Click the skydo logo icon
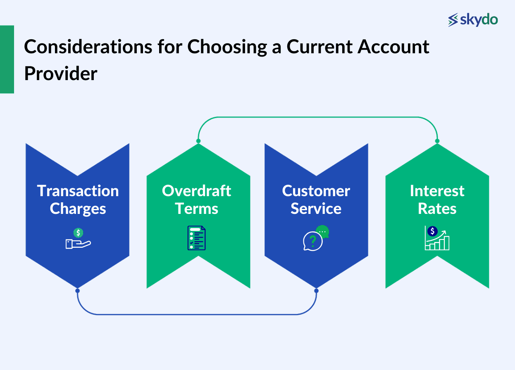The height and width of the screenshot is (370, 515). [453, 20]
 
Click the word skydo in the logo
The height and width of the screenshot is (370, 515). [479, 19]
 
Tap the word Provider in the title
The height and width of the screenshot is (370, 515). [61, 74]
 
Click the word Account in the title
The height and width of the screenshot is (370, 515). [393, 47]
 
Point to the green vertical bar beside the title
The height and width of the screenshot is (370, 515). [7, 59]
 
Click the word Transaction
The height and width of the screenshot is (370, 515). [78, 191]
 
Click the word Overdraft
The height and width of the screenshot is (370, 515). [196, 191]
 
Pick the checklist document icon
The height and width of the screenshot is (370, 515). [196, 238]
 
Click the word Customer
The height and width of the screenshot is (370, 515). [316, 191]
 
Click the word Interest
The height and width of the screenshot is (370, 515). [437, 191]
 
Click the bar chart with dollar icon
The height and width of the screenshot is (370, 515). [437, 238]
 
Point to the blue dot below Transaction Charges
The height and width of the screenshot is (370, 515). [77, 291]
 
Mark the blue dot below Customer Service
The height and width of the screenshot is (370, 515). [316, 291]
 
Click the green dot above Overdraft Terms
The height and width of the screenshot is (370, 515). [198, 141]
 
